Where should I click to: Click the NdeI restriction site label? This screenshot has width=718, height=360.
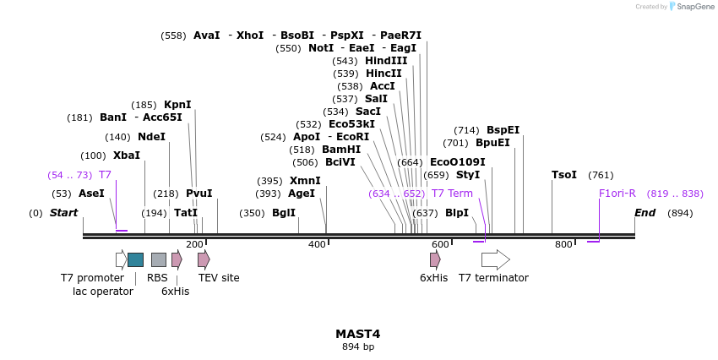[151, 137]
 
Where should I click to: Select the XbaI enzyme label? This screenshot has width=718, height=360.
[127, 155]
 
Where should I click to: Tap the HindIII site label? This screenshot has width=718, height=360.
[386, 61]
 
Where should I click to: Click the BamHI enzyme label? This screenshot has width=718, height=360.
[341, 150]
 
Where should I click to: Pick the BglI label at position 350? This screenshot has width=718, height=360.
[284, 213]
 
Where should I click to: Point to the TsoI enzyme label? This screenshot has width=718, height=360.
[563, 175]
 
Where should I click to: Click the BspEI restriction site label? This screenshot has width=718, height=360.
[503, 130]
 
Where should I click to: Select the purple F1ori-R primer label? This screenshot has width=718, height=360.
[617, 194]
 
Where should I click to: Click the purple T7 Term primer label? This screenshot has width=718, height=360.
[452, 194]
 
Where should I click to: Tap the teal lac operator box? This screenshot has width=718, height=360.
[135, 259]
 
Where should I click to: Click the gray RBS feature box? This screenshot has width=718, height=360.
[159, 259]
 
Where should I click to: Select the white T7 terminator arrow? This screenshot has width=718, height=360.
[496, 259]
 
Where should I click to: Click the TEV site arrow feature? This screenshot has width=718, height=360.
[204, 259]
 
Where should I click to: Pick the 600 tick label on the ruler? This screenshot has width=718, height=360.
[440, 245]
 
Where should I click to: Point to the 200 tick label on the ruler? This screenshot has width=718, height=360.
[194, 245]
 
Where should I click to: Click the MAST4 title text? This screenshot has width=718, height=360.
[357, 334]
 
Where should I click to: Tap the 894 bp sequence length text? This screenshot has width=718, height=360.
[357, 347]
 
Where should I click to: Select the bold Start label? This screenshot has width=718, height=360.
[63, 213]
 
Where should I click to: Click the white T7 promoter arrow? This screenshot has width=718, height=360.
[122, 259]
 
